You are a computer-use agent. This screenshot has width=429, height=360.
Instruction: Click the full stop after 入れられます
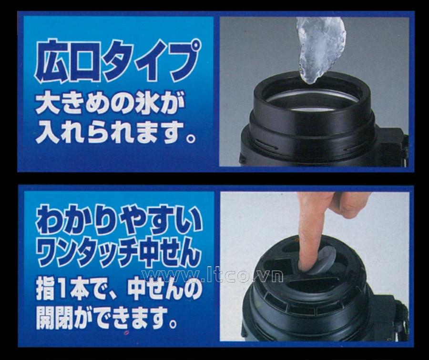[190, 138]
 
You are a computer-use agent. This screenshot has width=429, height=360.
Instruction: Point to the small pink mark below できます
[126, 333]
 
